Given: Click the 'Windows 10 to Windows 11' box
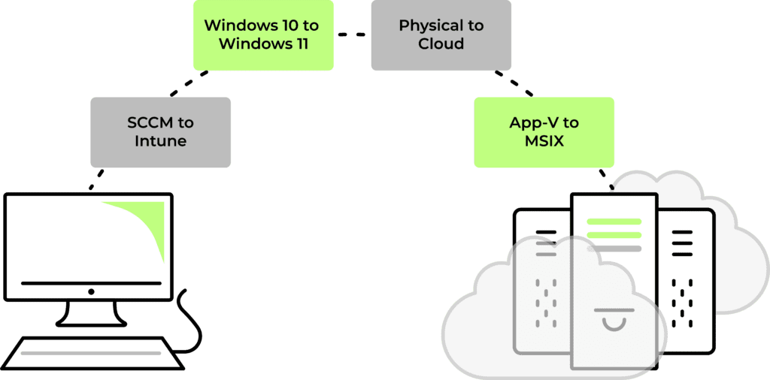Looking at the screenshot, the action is (x=263, y=35).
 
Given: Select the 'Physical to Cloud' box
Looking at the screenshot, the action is (x=441, y=35).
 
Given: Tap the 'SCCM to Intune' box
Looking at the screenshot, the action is (x=161, y=132).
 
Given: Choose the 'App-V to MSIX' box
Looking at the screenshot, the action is (x=544, y=132).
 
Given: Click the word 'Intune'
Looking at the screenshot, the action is (x=161, y=141).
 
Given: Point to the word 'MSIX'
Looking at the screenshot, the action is (x=544, y=141).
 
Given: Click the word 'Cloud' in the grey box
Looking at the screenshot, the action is (x=441, y=44).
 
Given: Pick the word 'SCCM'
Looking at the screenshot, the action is (x=148, y=122).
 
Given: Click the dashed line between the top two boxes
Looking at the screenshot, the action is (x=352, y=35).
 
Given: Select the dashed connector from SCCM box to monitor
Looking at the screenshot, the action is (x=96, y=179).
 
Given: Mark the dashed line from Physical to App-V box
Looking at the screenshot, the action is (x=514, y=83).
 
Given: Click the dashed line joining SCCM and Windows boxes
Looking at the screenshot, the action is (x=189, y=83).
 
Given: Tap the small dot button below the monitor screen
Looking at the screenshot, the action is (x=91, y=291).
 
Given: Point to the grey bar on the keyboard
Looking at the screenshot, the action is (x=91, y=353).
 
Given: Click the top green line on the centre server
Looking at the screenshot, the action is (x=614, y=222).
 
